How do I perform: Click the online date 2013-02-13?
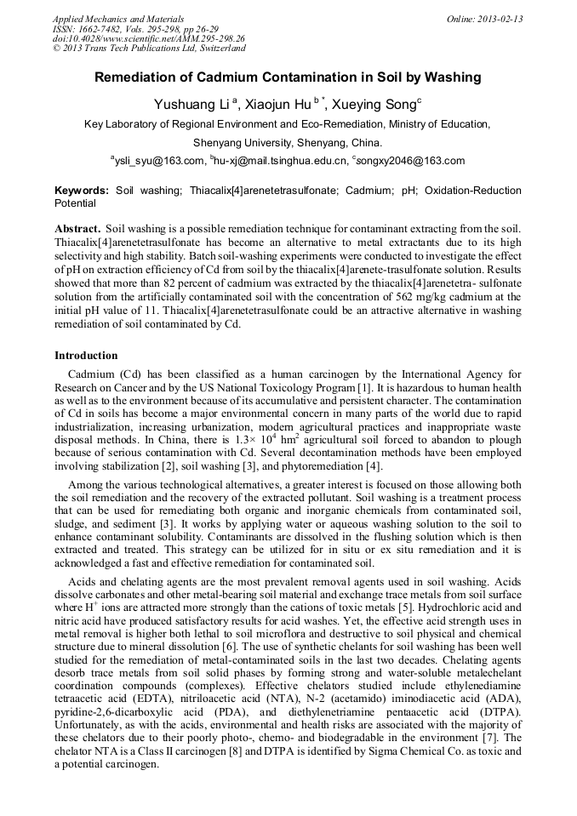pos(494,19)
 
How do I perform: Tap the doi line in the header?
pos(148,38)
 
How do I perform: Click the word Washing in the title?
pos(451,77)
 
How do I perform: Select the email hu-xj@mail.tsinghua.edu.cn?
pos(281,161)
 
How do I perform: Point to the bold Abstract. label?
pos(77,230)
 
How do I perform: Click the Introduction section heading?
pos(86,356)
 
